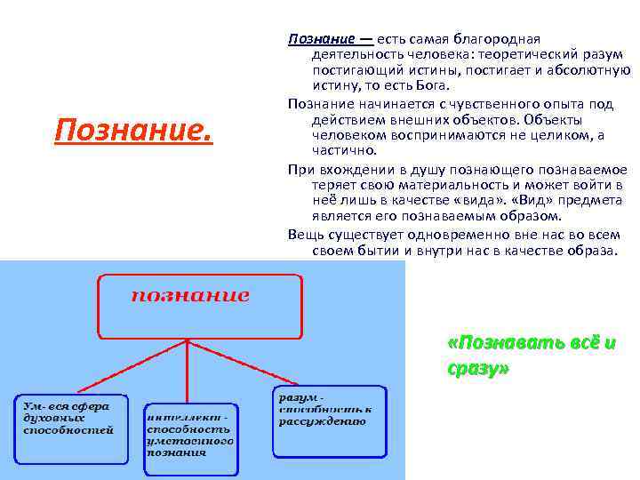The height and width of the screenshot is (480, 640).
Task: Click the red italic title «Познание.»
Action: tap(133, 132)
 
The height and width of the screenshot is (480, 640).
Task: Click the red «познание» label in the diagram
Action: tap(190, 295)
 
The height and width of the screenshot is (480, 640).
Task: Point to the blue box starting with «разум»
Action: tap(329, 420)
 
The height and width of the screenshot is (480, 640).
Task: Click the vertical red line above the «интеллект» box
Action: tap(186, 373)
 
